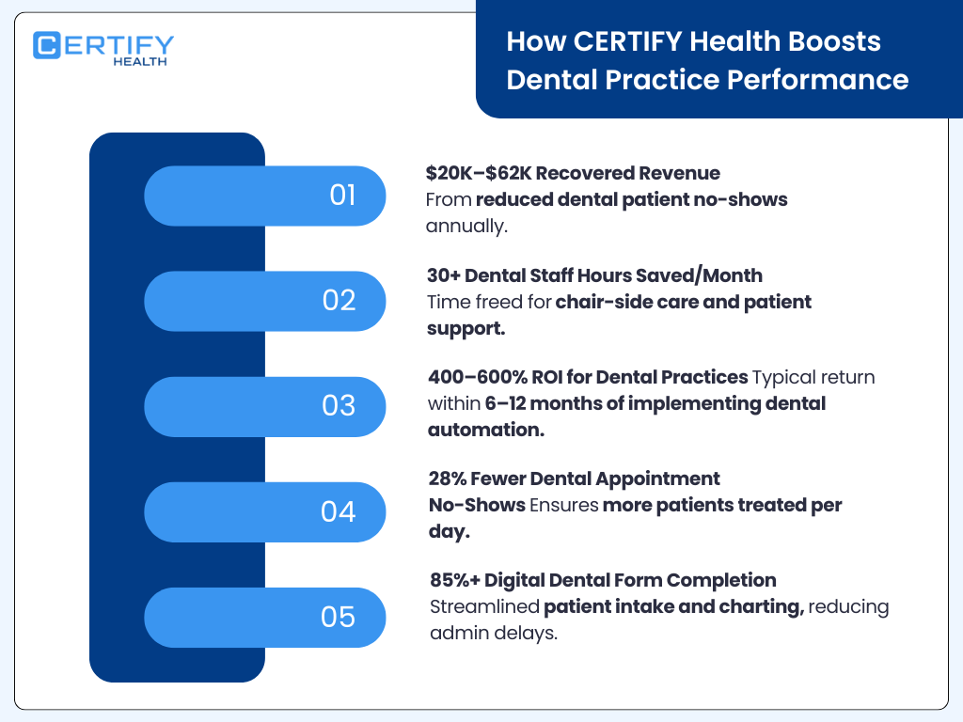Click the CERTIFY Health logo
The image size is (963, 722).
pos(103,48)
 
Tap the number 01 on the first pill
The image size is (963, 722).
pos(342,196)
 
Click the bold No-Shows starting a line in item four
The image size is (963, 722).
pos(477,505)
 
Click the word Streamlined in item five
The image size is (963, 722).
pos(483,606)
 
